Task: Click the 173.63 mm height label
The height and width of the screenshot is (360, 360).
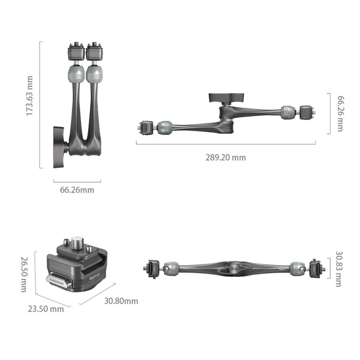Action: pos(30,104)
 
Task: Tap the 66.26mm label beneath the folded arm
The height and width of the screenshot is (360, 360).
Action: pos(77,190)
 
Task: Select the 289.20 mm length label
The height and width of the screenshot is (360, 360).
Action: pos(225,157)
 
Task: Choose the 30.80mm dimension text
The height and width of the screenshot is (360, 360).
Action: pos(120,300)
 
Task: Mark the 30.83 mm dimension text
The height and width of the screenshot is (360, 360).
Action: pos(340,266)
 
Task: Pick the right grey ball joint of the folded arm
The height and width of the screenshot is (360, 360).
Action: pos(95,75)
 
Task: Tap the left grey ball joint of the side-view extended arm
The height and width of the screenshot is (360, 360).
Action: pos(164,128)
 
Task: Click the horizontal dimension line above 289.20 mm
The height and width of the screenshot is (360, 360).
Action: pos(225,144)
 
